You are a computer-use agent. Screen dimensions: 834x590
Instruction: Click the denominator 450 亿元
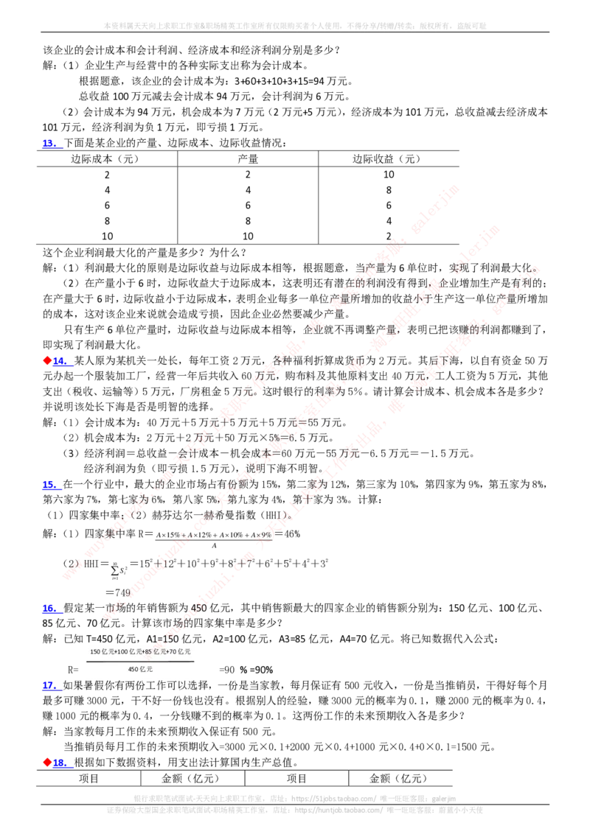click(140, 669)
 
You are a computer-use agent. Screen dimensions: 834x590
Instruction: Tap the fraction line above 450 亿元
click(140, 661)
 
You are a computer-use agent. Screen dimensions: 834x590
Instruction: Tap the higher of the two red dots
click(48, 360)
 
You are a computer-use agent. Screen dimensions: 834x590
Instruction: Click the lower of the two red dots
click(48, 762)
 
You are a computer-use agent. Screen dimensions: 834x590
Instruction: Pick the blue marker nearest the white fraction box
click(49, 685)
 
